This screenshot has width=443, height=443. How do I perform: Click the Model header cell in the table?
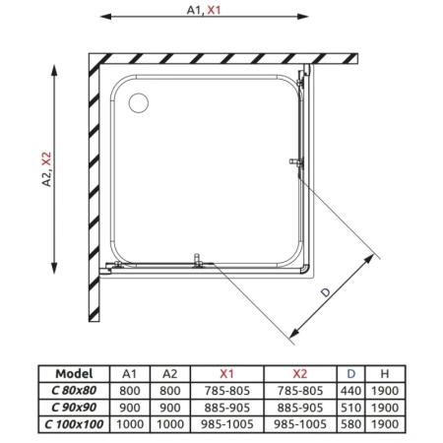(x=75, y=374)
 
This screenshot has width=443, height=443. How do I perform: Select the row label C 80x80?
(x=75, y=391)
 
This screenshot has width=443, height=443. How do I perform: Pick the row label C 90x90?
(x=75, y=407)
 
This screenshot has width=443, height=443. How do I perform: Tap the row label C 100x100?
(x=75, y=423)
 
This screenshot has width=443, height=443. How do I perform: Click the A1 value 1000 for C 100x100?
(x=129, y=423)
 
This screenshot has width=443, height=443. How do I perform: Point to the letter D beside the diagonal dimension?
(x=323, y=290)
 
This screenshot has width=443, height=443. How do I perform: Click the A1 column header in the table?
(x=129, y=374)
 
